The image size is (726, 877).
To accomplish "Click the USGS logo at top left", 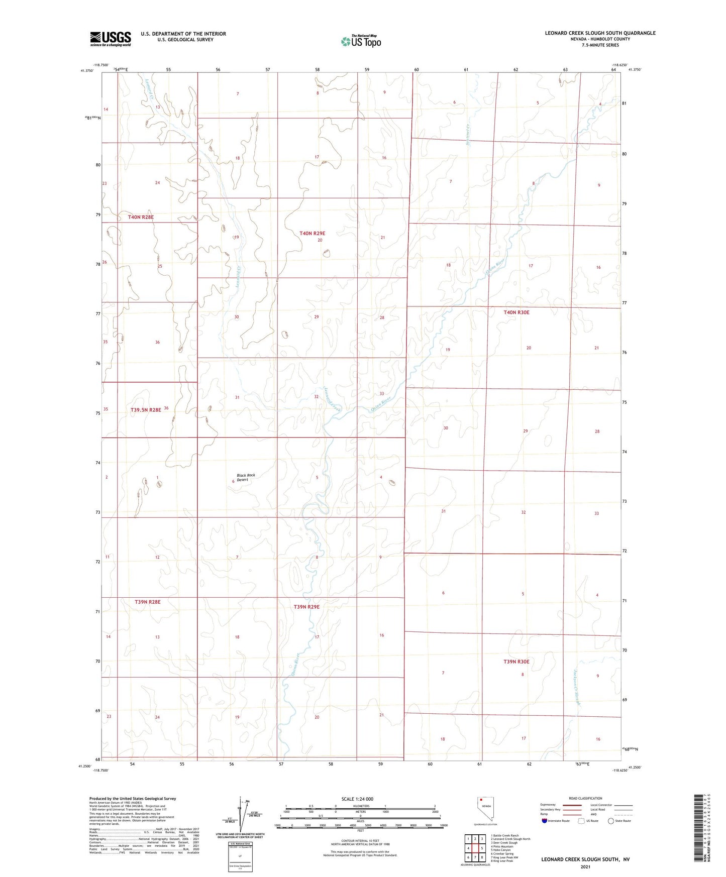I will (x=111, y=39).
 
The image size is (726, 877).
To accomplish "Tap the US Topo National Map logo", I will (x=361, y=41).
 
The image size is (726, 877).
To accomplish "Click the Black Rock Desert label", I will (x=246, y=477).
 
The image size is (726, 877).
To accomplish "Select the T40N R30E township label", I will (x=516, y=312).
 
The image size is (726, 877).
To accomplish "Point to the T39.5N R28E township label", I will (x=146, y=410).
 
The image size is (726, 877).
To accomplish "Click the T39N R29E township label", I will (x=306, y=607).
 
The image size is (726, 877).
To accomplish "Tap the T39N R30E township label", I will (x=516, y=662).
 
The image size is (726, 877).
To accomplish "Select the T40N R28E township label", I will (x=141, y=217).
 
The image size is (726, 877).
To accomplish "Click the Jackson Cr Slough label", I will (x=577, y=688).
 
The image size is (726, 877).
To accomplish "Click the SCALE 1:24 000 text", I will (x=357, y=799).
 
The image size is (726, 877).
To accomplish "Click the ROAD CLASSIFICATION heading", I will (x=585, y=798).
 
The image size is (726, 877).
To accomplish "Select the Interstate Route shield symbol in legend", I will (x=545, y=821).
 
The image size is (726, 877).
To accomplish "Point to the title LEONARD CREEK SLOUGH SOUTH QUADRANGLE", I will (x=600, y=33).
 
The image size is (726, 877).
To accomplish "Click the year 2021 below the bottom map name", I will (x=585, y=866).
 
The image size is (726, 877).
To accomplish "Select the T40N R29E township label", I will (x=312, y=234).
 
